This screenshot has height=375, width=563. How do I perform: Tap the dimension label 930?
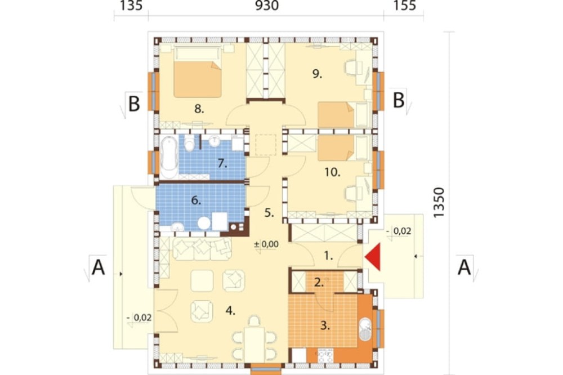(267, 6)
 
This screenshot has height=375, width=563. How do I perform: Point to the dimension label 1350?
(439, 202)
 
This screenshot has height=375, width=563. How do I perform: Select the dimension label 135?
(131, 6)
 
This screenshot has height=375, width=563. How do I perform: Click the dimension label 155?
(405, 6)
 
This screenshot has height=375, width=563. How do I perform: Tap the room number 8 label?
(199, 109)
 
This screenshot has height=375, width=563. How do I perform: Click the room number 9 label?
(317, 74)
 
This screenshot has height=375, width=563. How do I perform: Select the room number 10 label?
(333, 172)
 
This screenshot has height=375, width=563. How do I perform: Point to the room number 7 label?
(222, 164)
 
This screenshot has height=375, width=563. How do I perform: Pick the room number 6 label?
(196, 200)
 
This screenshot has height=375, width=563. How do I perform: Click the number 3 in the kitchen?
(325, 326)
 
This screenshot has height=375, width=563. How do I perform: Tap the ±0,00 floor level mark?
(266, 244)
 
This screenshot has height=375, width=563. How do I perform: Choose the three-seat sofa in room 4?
(202, 248)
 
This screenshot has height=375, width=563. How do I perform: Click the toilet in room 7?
(189, 144)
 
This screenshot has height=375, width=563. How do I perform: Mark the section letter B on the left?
(133, 104)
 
